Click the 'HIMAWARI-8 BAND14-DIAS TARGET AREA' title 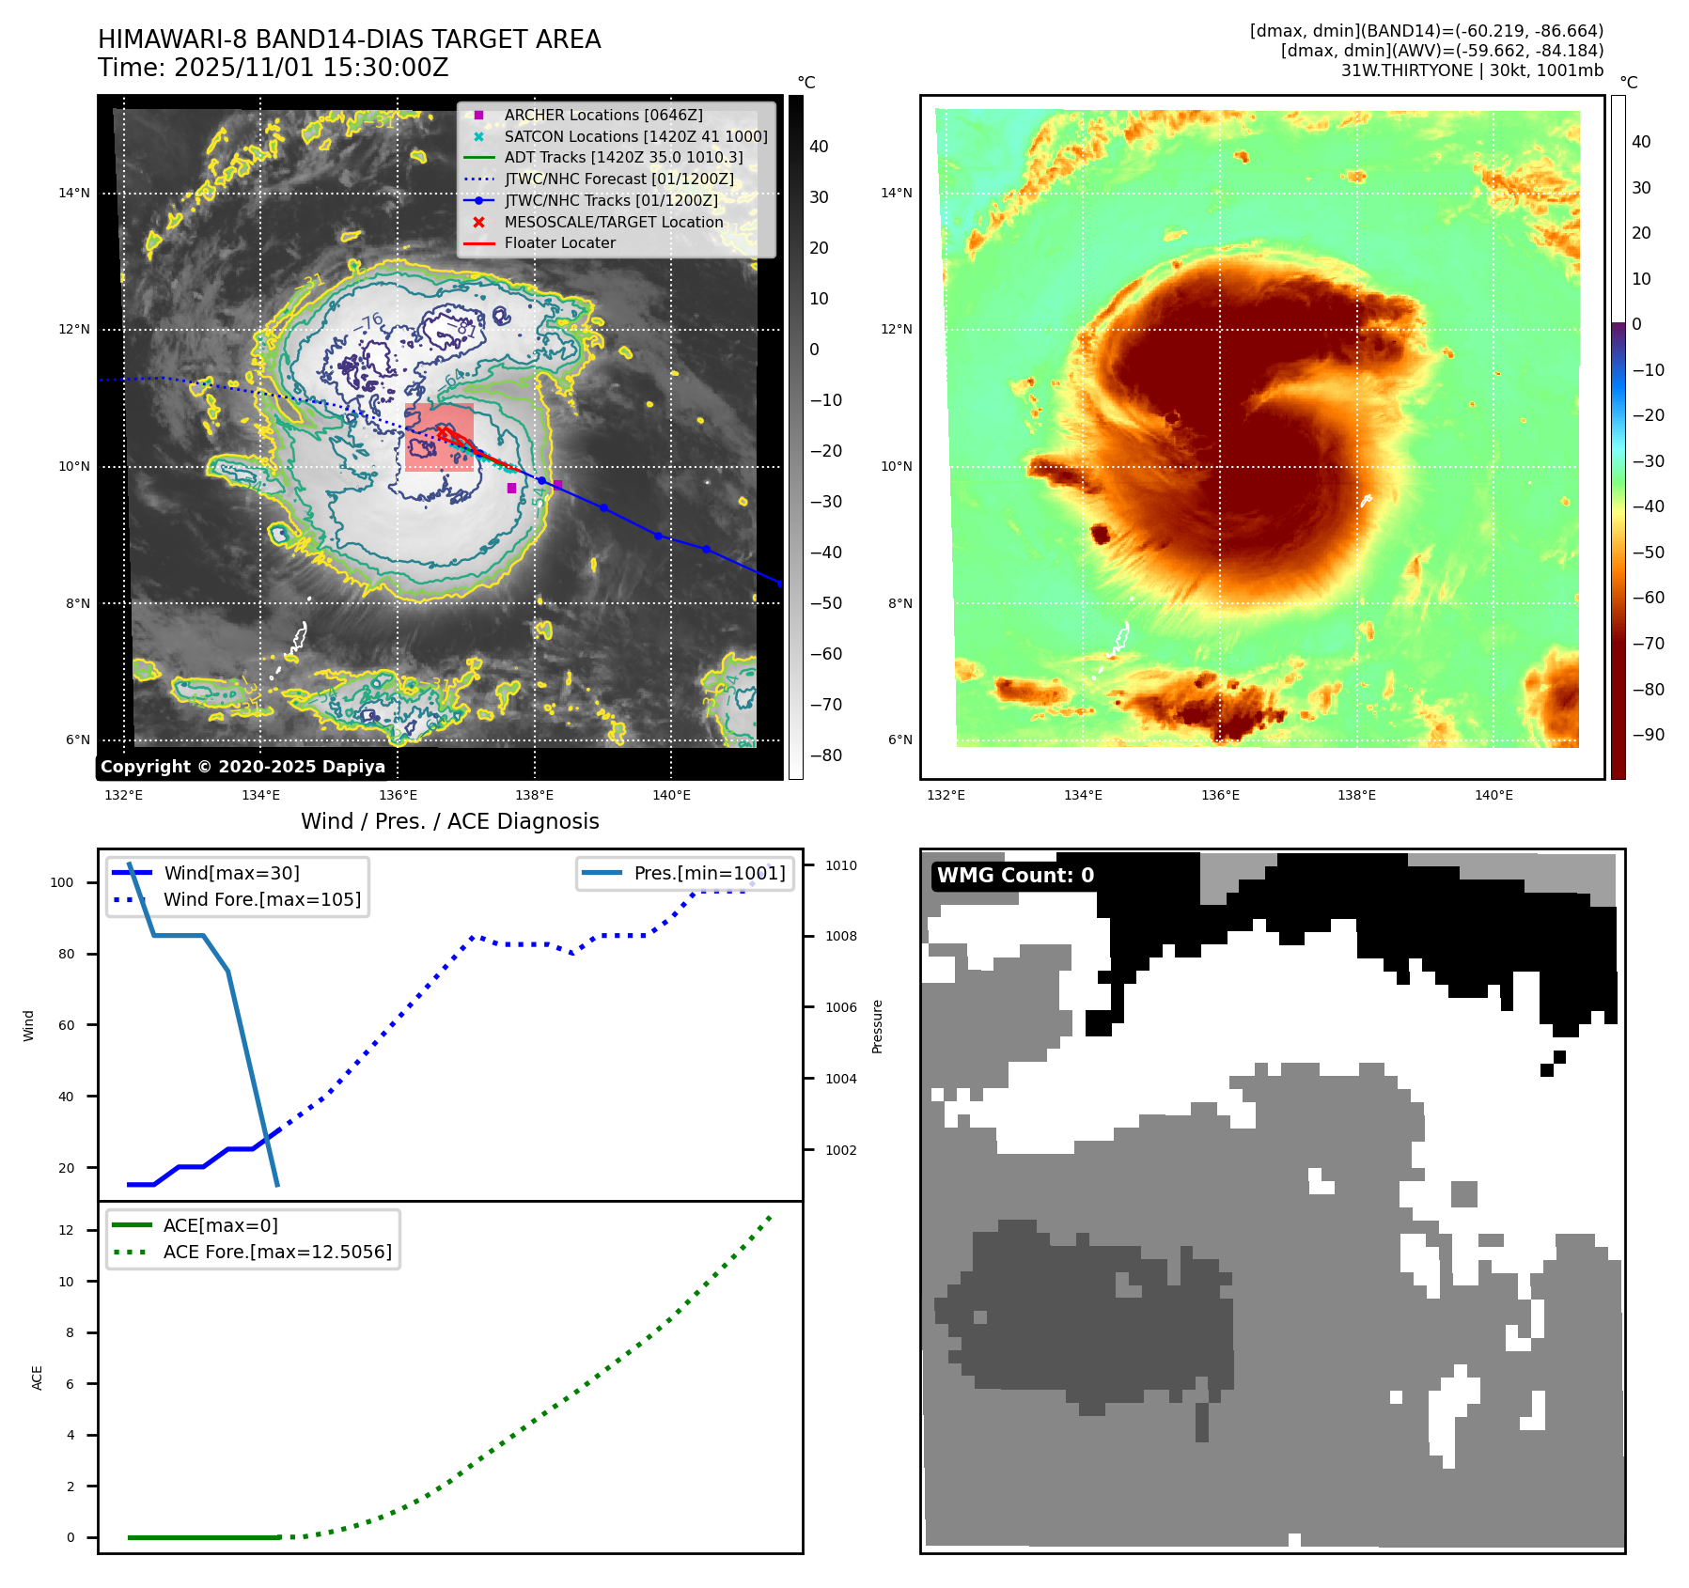[349, 39]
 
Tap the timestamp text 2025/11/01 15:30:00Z [311, 69]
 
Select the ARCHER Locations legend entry [602, 115]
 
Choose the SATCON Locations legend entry [635, 136]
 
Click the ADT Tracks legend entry [623, 158]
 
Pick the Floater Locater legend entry [559, 242]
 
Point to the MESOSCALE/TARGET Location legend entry [613, 222]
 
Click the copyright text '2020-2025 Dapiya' [242, 767]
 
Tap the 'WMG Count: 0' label [1015, 876]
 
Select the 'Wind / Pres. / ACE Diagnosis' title [449, 822]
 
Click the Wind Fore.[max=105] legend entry [261, 899]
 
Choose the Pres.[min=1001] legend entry [709, 873]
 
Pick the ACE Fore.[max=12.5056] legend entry [276, 1252]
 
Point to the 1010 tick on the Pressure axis [840, 865]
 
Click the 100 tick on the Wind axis [61, 882]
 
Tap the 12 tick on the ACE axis [66, 1230]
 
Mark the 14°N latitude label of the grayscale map [74, 194]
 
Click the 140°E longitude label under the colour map [1494, 796]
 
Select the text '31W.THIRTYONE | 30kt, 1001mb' [1471, 70]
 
